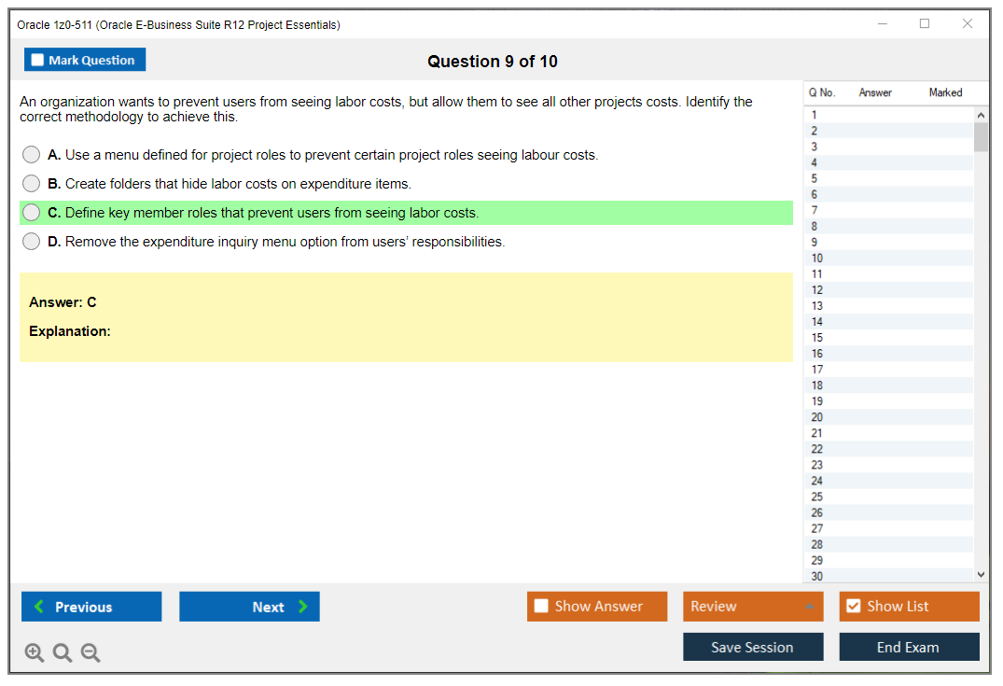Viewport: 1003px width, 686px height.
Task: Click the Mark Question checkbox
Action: pyautogui.click(x=37, y=60)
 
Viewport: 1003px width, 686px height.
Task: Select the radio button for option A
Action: pyautogui.click(x=32, y=155)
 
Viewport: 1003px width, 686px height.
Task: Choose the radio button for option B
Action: pyautogui.click(x=32, y=184)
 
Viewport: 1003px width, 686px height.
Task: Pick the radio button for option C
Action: pyautogui.click(x=32, y=213)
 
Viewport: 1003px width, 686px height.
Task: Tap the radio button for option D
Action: pyautogui.click(x=32, y=241)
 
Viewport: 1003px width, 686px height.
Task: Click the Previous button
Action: pyautogui.click(x=91, y=607)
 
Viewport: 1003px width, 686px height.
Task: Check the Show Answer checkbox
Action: pyautogui.click(x=541, y=606)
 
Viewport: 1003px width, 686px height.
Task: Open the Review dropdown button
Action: pyautogui.click(x=753, y=606)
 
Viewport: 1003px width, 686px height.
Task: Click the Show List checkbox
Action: pyautogui.click(x=854, y=606)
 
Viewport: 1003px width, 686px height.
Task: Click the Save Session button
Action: pyautogui.click(x=753, y=647)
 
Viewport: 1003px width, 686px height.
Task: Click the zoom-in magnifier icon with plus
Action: pyautogui.click(x=35, y=652)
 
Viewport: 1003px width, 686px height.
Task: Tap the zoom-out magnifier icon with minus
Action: pyautogui.click(x=91, y=652)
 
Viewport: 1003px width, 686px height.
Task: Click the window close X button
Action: pyautogui.click(x=968, y=23)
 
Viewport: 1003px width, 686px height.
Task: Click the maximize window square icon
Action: pyautogui.click(x=925, y=23)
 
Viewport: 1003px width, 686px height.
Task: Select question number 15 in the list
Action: pyautogui.click(x=816, y=338)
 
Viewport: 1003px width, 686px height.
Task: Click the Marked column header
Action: pyautogui.click(x=945, y=92)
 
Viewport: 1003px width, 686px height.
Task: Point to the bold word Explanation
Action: pyautogui.click(x=70, y=331)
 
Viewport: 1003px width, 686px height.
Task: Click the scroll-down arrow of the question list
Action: pyautogui.click(x=982, y=575)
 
